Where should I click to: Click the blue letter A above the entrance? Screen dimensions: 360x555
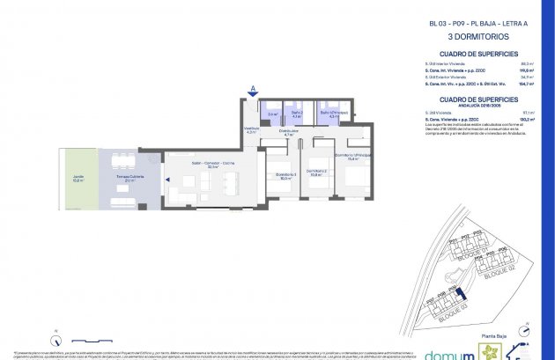(x=254, y=88)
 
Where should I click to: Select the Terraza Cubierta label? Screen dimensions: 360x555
(x=130, y=179)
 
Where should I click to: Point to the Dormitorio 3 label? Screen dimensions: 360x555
(x=285, y=175)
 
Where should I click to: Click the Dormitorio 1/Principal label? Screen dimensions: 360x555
(x=353, y=158)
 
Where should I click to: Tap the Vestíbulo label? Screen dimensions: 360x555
(x=251, y=130)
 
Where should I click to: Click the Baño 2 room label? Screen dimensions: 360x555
(x=297, y=114)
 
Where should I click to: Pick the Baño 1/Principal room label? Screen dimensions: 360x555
(x=333, y=114)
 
